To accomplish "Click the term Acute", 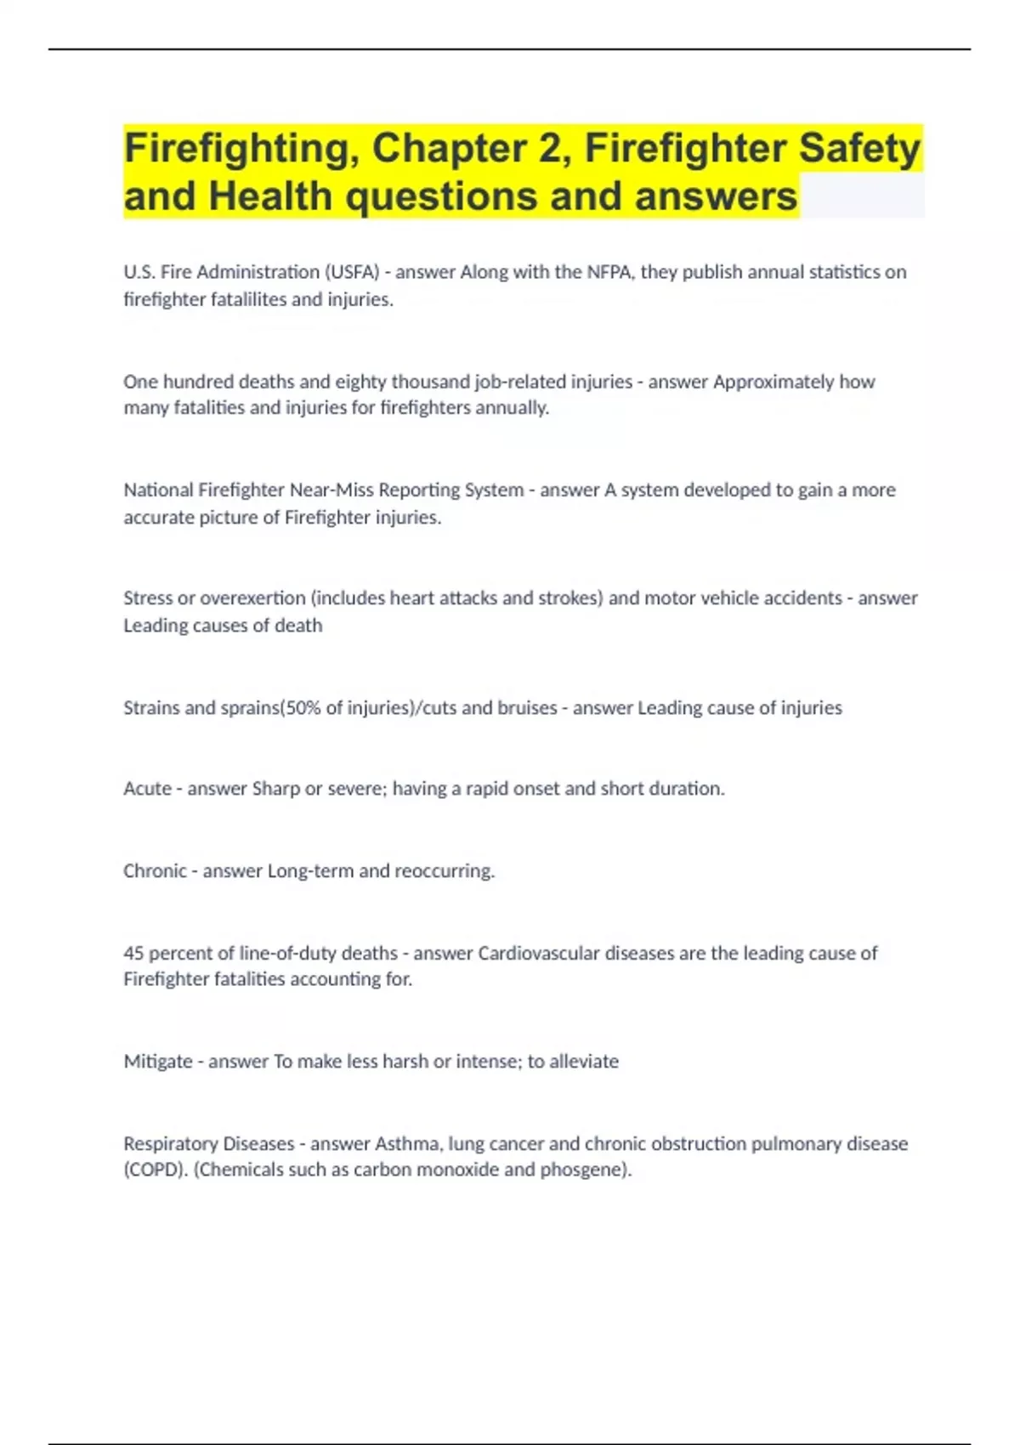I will coord(147,789).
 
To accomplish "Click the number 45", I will coord(133,953).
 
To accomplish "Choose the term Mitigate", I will coord(157,1062).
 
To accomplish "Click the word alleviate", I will coord(584,1062).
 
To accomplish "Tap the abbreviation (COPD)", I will coord(156,1170).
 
